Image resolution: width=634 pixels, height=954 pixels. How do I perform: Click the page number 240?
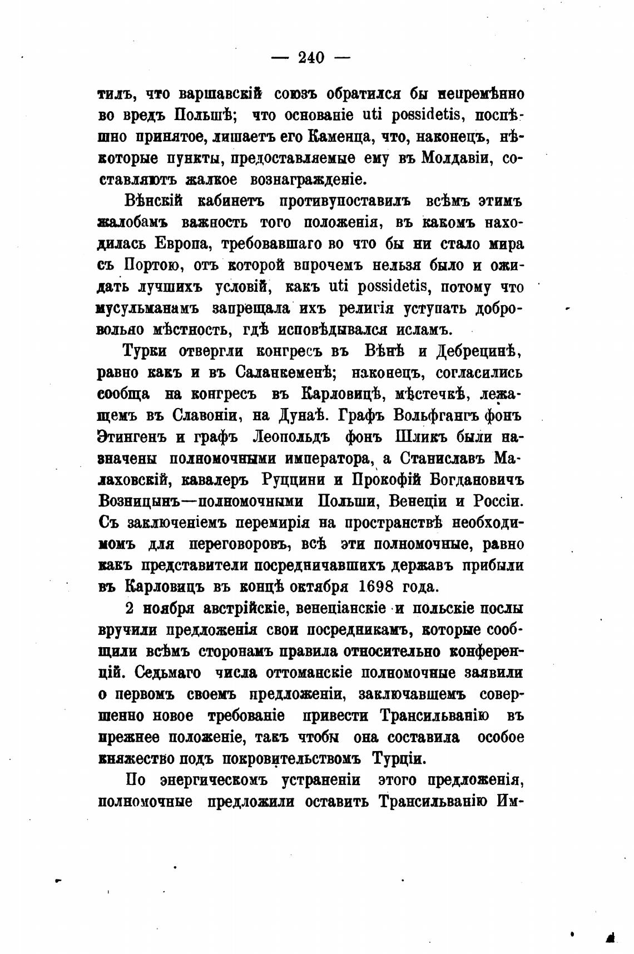[x=311, y=57]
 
